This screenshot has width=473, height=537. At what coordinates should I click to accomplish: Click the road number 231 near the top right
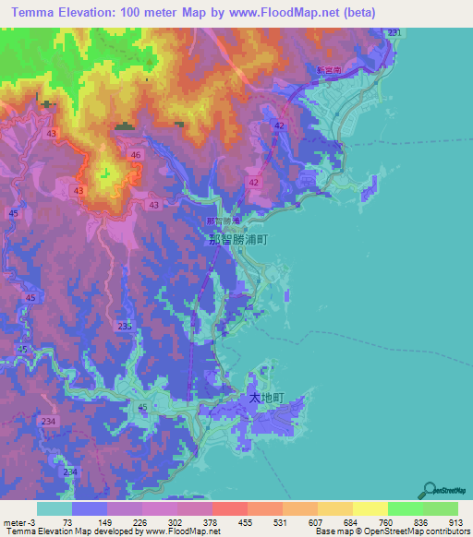coord(394,33)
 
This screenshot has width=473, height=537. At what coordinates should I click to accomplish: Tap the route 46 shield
coord(136,155)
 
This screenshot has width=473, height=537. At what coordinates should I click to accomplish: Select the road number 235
coord(126,327)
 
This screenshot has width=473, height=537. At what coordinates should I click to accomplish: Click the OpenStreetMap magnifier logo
coord(430,491)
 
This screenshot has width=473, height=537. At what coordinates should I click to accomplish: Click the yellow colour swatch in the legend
coord(370,508)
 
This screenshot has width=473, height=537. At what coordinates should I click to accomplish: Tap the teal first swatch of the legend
coord(55,508)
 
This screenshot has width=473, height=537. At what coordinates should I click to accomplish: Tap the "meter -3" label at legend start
coord(16,523)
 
